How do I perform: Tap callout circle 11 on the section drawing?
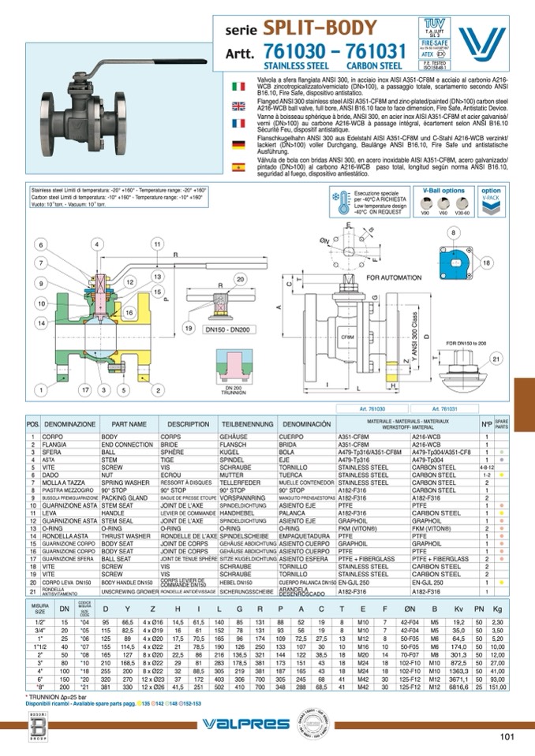(x=157, y=245)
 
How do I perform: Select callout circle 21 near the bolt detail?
(x=496, y=359)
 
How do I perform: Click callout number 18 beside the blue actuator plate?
(x=486, y=262)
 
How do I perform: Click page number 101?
(x=507, y=737)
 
